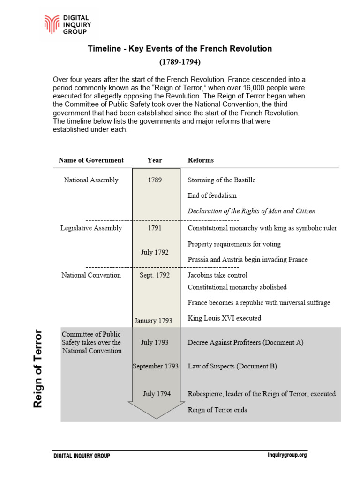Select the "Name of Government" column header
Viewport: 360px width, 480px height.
pos(91,160)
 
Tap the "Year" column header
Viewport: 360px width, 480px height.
pos(154,160)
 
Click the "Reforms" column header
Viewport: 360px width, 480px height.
pos(201,160)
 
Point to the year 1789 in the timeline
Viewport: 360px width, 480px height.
pos(155,180)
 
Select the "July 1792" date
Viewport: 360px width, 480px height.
pos(155,252)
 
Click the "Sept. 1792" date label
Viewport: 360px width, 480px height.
pos(155,275)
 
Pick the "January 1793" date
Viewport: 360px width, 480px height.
pos(153,321)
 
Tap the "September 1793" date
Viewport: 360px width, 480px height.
pos(155,366)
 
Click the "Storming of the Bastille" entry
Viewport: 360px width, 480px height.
pos(221,180)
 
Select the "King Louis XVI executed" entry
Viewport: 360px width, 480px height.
pos(224,318)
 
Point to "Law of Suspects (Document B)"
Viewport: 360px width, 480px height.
pos(232,366)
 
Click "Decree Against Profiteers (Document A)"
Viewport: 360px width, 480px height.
pos(245,343)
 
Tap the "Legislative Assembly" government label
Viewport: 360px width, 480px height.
pos(91,228)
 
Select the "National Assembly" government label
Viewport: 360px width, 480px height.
pos(91,180)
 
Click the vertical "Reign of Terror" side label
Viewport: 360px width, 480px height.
pos(38,369)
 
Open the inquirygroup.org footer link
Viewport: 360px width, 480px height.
pos(287,455)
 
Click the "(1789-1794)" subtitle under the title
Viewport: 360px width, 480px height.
pos(180,61)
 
